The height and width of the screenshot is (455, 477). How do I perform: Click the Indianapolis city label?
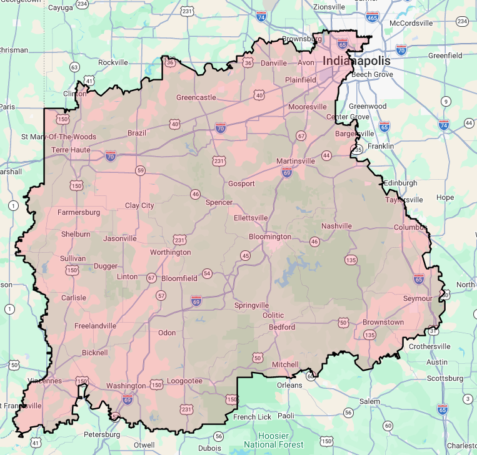[356, 61]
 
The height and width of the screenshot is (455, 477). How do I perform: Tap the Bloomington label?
[270, 237]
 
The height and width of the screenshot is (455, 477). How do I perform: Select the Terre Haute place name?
[71, 150]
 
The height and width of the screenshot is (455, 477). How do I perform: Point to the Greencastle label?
[196, 97]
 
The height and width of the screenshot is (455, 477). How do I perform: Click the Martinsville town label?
[296, 161]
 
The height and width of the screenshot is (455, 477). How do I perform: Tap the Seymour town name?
[418, 298]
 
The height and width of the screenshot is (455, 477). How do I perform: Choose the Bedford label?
[281, 326]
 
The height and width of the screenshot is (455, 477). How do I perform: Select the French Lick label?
[253, 416]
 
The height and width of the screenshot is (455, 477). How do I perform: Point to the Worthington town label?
[170, 252]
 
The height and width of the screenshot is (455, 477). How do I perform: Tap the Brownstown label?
[383, 322]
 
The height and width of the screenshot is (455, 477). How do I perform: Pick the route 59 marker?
[140, 170]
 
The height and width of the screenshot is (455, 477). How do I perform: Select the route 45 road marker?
[245, 256]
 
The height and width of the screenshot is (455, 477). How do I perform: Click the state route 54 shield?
[207, 273]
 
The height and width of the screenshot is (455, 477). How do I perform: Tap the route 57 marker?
[161, 295]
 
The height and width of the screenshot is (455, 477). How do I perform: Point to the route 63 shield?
[74, 67]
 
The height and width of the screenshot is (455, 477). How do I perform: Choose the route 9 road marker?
[446, 101]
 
